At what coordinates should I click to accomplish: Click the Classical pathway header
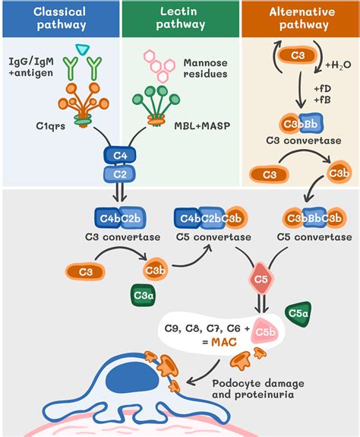61,18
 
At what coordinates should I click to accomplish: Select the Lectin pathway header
181,18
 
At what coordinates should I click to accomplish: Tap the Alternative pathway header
301,18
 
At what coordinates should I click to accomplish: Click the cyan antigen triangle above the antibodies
83,49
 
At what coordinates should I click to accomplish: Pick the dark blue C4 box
120,156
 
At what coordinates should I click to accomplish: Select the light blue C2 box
120,175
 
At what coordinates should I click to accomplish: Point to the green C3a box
143,296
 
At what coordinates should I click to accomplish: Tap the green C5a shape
298,314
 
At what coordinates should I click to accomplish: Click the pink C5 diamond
261,278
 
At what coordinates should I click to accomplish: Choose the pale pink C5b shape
265,331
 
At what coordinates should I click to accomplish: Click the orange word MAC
224,342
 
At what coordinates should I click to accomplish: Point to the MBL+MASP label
202,126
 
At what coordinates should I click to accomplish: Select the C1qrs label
51,126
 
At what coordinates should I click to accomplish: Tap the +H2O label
338,65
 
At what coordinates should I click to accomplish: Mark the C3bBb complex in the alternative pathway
302,123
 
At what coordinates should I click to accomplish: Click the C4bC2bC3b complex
211,218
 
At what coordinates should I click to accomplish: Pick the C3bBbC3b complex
314,218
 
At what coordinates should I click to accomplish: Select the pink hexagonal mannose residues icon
159,66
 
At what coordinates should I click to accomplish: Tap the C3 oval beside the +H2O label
298,55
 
